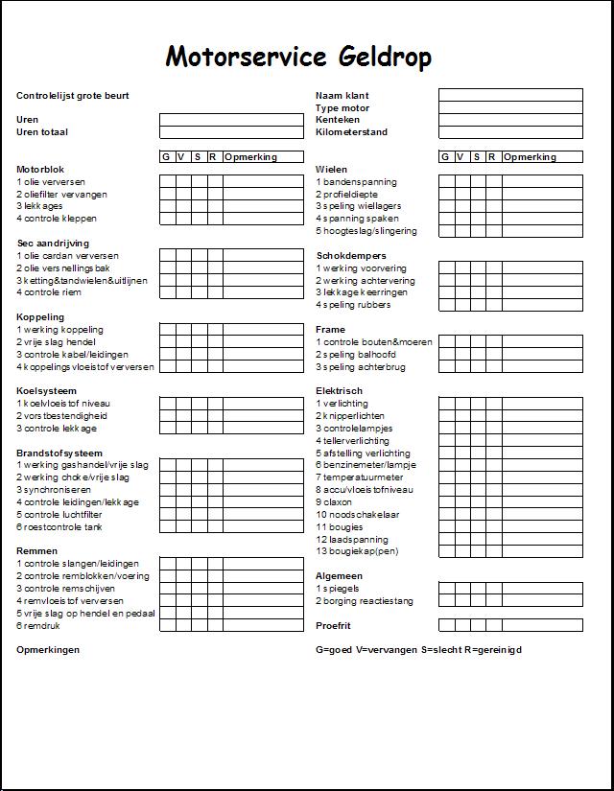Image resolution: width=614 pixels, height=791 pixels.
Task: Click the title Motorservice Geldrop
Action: pyautogui.click(x=298, y=58)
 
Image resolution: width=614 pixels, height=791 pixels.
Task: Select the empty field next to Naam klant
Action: pyautogui.click(x=510, y=95)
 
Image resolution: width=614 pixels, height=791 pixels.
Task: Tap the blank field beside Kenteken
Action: pyautogui.click(x=510, y=120)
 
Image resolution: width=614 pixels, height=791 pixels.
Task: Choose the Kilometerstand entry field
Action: pyautogui.click(x=510, y=132)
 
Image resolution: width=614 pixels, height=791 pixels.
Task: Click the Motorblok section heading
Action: pyautogui.click(x=40, y=170)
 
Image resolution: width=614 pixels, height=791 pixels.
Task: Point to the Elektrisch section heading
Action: pyautogui.click(x=340, y=391)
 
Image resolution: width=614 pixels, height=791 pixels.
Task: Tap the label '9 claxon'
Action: pyautogui.click(x=334, y=501)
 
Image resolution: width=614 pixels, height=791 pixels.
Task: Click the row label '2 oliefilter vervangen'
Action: pyautogui.click(x=61, y=195)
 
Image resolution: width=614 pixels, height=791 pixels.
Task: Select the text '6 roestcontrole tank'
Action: pyautogui.click(x=59, y=526)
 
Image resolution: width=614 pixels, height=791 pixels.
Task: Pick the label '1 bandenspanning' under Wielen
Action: pyautogui.click(x=356, y=182)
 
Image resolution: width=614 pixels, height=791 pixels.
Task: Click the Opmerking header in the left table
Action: pyautogui.click(x=251, y=157)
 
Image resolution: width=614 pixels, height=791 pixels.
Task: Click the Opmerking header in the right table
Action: pyautogui.click(x=531, y=157)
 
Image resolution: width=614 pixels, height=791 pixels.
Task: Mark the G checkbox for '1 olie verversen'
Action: pyautogui.click(x=166, y=181)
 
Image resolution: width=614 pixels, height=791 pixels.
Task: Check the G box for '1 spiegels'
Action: pyautogui.click(x=446, y=588)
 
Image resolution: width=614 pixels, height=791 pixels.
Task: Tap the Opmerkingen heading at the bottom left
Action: pyautogui.click(x=48, y=650)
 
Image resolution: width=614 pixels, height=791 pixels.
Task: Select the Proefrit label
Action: pyautogui.click(x=335, y=625)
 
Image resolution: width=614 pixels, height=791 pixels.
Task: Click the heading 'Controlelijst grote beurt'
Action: pyautogui.click(x=73, y=96)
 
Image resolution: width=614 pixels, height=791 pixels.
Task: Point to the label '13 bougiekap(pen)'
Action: pyautogui.click(x=357, y=551)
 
